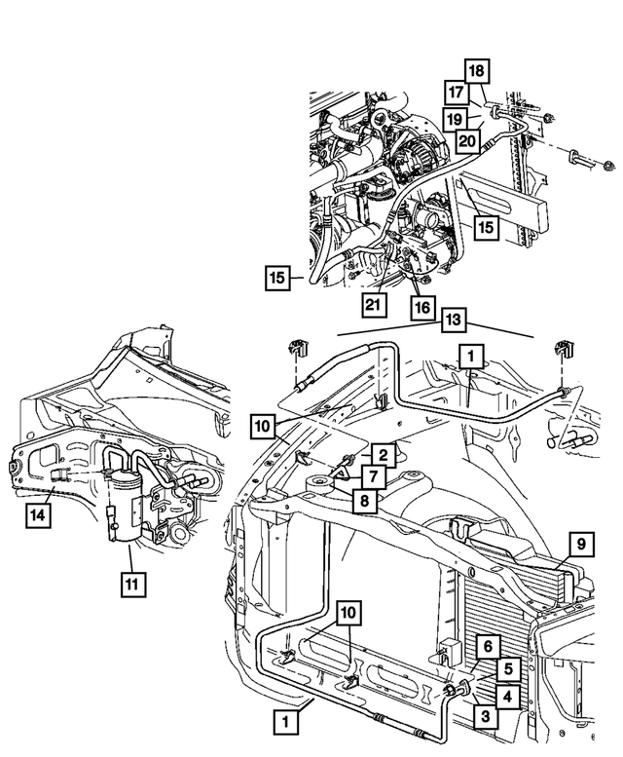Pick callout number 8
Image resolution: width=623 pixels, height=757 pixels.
pos(361,501)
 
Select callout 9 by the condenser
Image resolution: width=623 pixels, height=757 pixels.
pos(578,543)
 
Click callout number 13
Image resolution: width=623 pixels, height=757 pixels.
pos(452,321)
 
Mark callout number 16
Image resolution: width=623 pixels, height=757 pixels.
pos(421,308)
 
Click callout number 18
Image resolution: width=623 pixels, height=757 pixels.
pos(477,70)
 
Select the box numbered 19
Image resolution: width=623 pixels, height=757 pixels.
pos(454,119)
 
